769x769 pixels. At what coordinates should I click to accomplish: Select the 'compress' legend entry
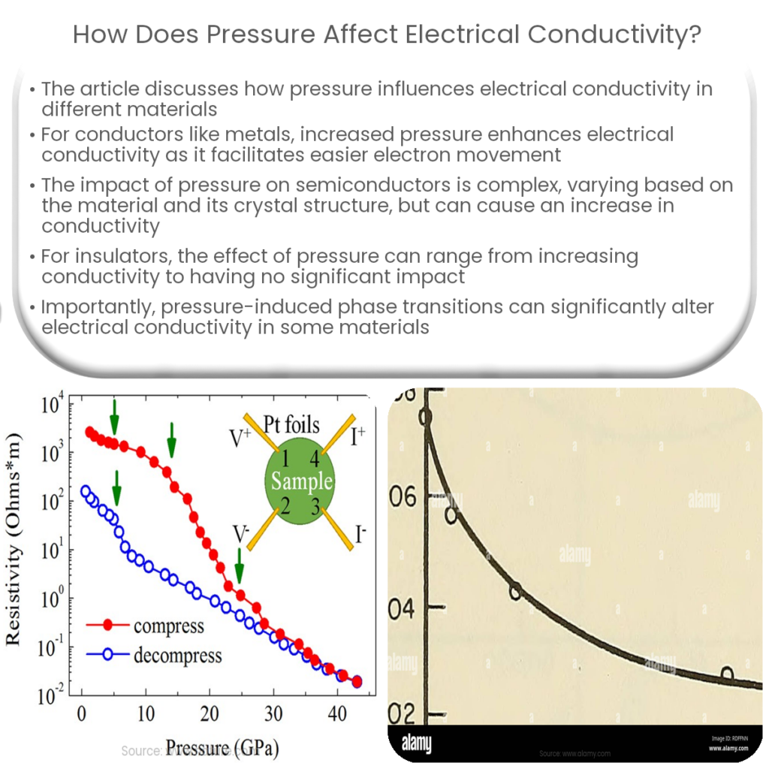point(168,626)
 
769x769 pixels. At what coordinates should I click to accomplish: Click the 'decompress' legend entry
point(177,655)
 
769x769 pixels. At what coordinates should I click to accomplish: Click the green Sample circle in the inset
point(300,481)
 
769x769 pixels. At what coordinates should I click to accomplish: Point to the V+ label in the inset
point(240,439)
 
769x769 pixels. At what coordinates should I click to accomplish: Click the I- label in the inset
point(361,535)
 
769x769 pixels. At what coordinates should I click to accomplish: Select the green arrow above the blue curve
point(116,488)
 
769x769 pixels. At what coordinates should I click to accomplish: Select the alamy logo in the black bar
point(416,743)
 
